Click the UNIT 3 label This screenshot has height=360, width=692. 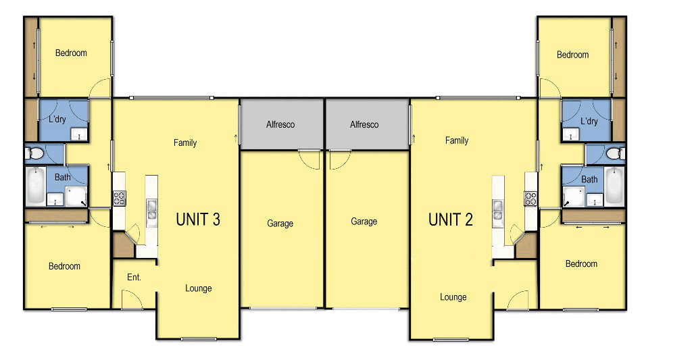(x=197, y=219)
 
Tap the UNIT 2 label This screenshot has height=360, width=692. (x=451, y=219)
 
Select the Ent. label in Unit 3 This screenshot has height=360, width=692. (x=134, y=277)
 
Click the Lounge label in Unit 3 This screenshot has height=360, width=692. (x=199, y=288)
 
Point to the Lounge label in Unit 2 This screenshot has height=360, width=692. (x=453, y=297)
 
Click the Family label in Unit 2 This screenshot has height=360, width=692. (x=457, y=140)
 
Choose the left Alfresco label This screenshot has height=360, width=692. (x=280, y=124)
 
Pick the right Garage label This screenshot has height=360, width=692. (x=364, y=222)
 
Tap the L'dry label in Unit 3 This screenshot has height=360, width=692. (x=57, y=119)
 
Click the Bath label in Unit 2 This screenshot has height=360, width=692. (x=589, y=180)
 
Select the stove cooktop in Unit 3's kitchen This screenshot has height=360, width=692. (x=119, y=198)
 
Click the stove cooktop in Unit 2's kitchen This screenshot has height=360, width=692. (x=530, y=198)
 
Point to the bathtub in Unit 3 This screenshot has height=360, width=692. (x=35, y=186)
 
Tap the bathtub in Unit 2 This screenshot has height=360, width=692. (x=614, y=186)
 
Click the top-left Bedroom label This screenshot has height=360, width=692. (x=71, y=53)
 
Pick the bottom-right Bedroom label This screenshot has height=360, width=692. (x=581, y=263)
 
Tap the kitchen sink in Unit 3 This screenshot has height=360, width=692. (x=151, y=209)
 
